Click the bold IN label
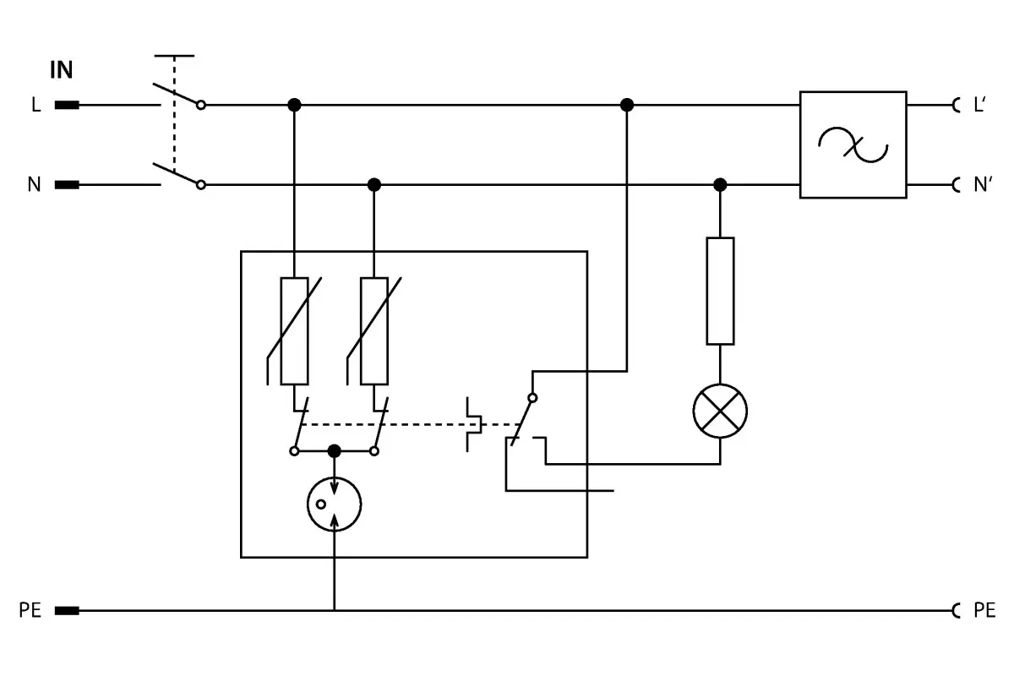(x=61, y=70)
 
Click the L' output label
(x=979, y=105)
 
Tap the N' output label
(x=983, y=185)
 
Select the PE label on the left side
(x=30, y=610)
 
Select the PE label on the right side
(x=984, y=610)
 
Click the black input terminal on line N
(x=67, y=185)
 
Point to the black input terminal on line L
(x=67, y=105)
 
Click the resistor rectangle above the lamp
(x=720, y=292)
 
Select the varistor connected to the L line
(x=294, y=331)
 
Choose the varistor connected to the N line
(x=373, y=331)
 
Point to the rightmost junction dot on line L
(x=626, y=105)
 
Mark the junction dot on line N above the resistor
(x=720, y=185)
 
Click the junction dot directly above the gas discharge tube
(x=334, y=451)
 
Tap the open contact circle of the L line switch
(x=201, y=105)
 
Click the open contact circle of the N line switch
(x=201, y=185)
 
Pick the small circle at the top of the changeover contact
(x=533, y=398)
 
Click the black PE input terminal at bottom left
(x=67, y=611)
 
